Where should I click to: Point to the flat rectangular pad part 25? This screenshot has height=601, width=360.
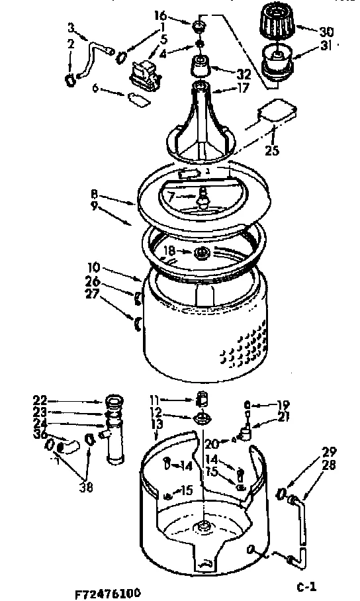click(276, 111)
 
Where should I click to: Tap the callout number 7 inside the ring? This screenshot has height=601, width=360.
click(171, 197)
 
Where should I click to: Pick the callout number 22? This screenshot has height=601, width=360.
click(40, 400)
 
